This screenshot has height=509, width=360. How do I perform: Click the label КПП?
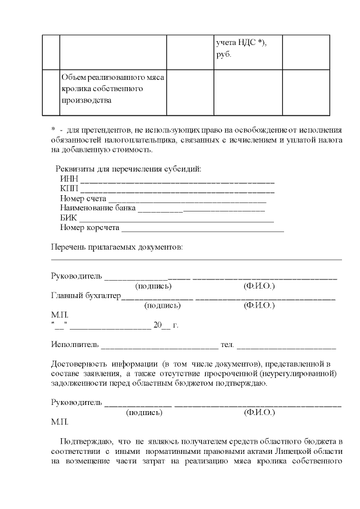click(x=69, y=189)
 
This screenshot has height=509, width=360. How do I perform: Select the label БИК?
click(x=68, y=218)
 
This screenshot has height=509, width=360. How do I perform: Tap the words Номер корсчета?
click(x=89, y=227)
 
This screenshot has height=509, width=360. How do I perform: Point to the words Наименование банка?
click(x=97, y=208)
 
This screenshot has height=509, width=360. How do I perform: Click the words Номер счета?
click(x=83, y=199)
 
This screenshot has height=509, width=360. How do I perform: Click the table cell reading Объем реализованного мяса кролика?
click(x=112, y=89)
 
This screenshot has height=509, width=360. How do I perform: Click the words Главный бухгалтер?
click(x=85, y=296)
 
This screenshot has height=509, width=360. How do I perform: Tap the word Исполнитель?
click(x=75, y=344)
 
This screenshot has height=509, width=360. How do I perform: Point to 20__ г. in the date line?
click(x=165, y=325)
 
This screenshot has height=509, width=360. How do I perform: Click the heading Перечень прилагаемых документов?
click(x=116, y=247)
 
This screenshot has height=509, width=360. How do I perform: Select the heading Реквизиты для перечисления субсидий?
click(x=128, y=169)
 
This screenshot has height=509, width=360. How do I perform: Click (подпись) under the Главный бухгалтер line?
click(x=163, y=305)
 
